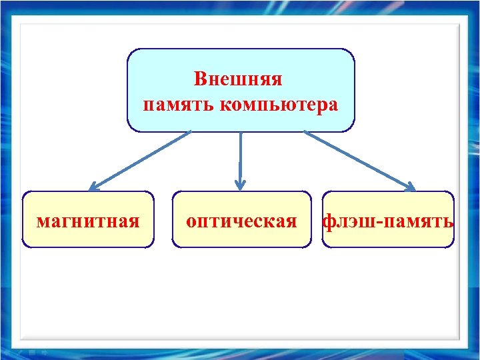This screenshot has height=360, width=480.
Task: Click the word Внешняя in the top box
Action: (238, 79)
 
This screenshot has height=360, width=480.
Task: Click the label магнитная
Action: (88, 221)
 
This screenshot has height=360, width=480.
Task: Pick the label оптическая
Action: (241, 221)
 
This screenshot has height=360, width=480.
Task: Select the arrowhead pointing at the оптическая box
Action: (241, 185)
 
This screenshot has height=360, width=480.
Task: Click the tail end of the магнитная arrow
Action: (190, 132)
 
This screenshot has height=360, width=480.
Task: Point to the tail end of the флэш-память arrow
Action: (305, 132)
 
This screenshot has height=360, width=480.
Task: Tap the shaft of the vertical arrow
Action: (241, 157)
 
